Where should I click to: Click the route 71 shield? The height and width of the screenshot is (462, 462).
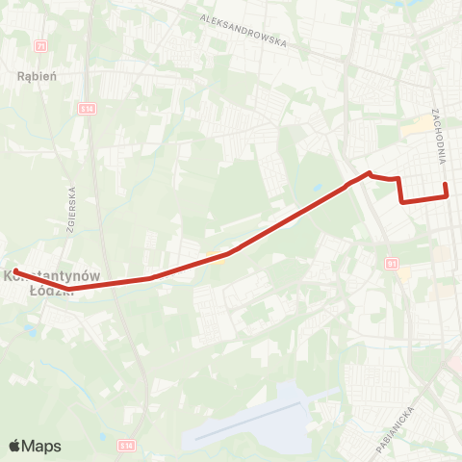[x=39, y=45]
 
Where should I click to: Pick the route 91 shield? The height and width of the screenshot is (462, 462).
[x=392, y=262]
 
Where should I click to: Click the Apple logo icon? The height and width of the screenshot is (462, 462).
[x=15, y=446]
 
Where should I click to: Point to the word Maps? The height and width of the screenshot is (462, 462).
[x=41, y=446]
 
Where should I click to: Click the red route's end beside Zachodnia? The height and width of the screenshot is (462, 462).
[x=445, y=185]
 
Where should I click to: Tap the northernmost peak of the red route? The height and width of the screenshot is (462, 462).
[x=369, y=173]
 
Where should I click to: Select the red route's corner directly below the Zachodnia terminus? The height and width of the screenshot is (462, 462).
[x=448, y=196]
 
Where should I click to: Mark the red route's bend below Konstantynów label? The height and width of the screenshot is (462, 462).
[x=70, y=287]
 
